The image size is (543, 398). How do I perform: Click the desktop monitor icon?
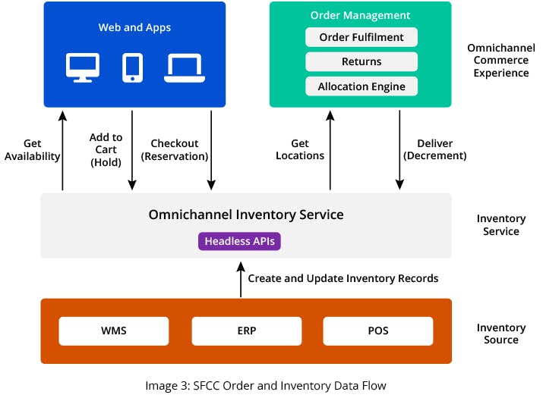pos(83,67)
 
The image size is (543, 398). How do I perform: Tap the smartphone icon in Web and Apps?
pos(133,67)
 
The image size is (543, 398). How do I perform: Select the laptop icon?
pos(183,67)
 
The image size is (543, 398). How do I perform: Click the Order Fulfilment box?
pos(361,37)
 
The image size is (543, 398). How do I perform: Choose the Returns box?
pos(361,61)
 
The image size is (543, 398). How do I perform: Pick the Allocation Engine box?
pos(361,86)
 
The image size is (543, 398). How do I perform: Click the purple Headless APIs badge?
pos(240,241)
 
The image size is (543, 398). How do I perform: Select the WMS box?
pos(114,331)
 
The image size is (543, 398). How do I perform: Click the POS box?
pos(377,331)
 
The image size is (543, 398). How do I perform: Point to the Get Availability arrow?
pos(63,149)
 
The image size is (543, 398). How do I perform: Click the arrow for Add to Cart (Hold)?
pos(133,149)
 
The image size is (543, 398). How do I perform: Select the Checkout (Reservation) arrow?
pos(211,149)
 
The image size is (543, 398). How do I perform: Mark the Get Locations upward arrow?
pos(330,149)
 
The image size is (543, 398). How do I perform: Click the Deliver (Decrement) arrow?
pos(399,149)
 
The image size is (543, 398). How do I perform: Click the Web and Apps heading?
pos(134,27)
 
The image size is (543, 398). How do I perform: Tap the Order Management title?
pos(361,15)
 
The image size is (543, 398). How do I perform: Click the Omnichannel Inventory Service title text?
pos(246,215)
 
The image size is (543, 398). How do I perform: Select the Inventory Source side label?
pos(500,334)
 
